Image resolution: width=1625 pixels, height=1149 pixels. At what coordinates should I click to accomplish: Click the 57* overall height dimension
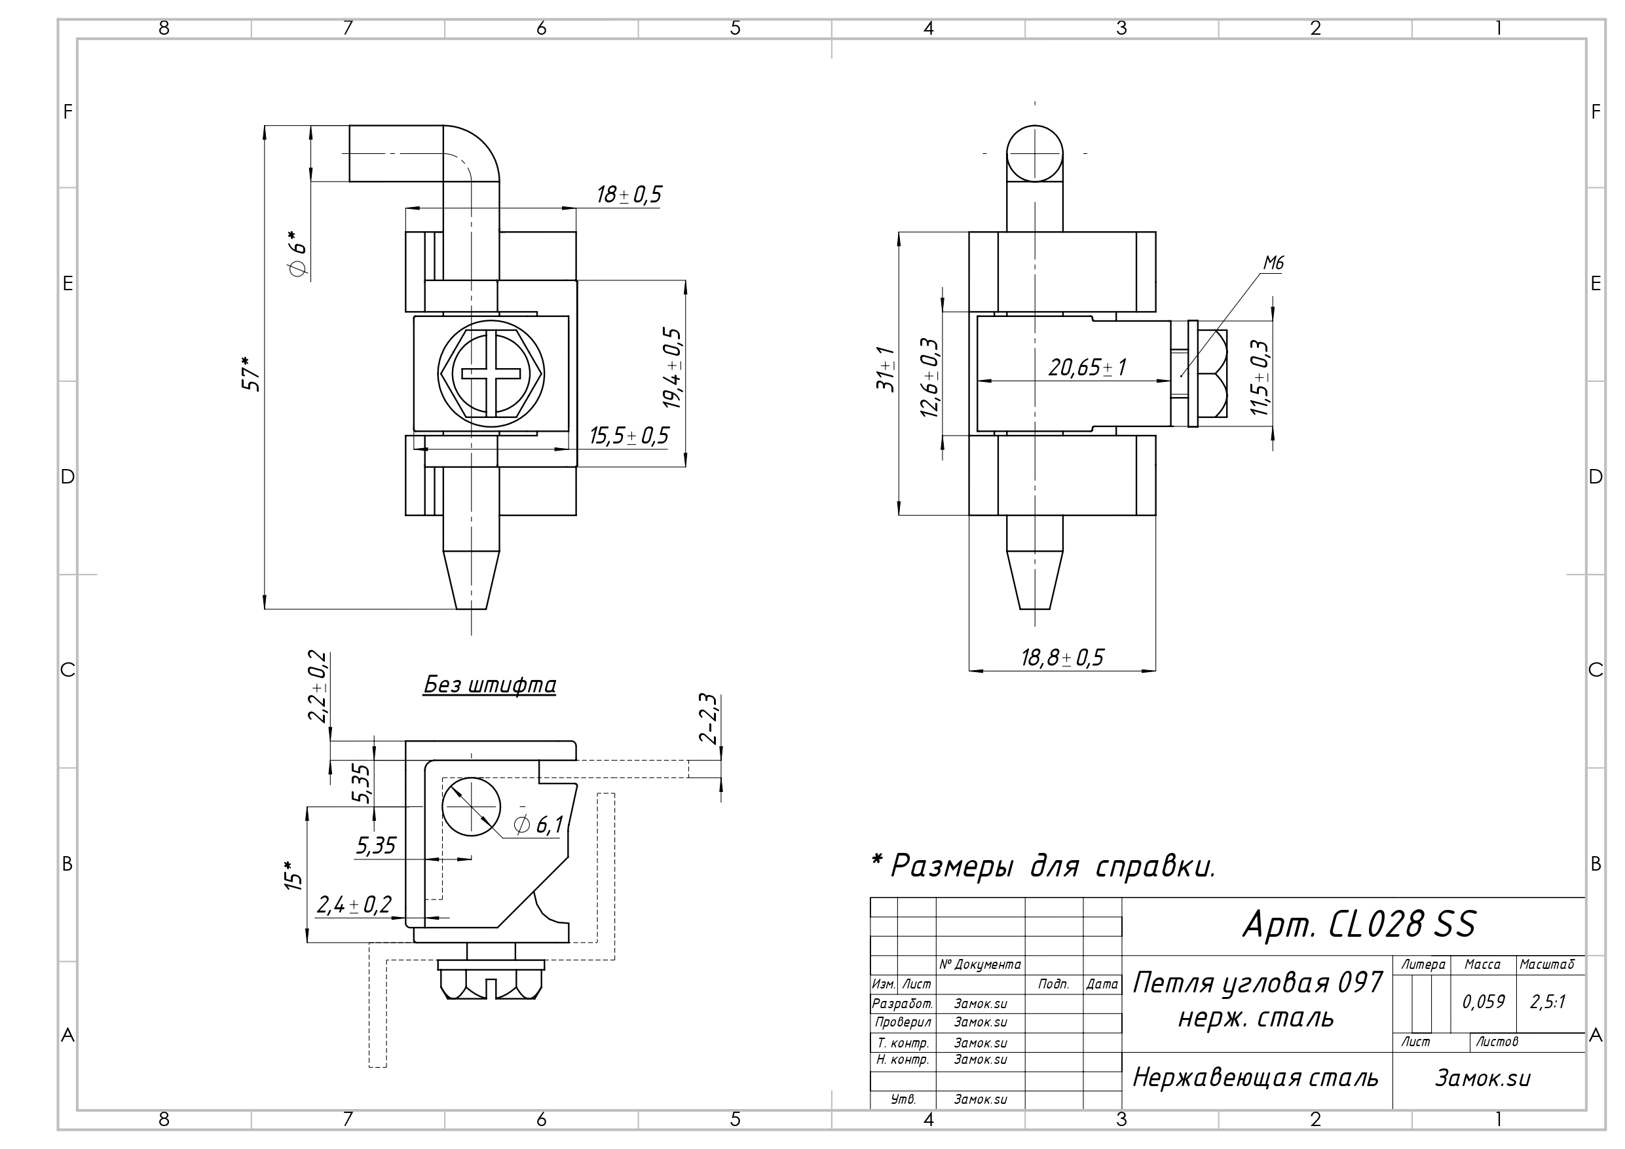(x=252, y=373)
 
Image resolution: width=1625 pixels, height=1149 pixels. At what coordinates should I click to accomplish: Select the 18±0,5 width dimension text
(x=629, y=195)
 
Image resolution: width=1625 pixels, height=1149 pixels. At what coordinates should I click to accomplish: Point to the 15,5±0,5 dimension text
(x=629, y=436)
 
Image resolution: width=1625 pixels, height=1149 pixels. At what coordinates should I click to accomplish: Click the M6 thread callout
(x=1273, y=263)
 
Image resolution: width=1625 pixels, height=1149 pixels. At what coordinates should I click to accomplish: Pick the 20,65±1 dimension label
(x=1087, y=367)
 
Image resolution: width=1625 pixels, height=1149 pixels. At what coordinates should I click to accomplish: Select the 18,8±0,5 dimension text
(x=1062, y=658)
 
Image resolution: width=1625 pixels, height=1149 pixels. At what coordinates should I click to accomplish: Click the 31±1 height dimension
(x=886, y=369)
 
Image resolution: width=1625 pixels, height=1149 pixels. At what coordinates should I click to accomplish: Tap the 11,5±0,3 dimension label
(x=1259, y=377)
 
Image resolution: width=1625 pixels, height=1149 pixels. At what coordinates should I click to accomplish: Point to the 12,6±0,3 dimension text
(x=929, y=377)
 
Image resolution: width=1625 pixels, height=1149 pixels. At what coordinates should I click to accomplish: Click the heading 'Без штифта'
(x=489, y=685)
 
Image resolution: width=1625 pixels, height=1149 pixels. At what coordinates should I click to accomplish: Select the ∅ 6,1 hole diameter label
(x=538, y=824)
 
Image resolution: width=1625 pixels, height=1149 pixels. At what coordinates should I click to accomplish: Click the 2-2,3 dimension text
(x=709, y=718)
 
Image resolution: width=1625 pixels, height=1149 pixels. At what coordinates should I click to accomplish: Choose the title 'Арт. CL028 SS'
(x=1359, y=924)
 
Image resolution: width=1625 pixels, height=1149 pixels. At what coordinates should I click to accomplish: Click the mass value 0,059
(x=1484, y=1001)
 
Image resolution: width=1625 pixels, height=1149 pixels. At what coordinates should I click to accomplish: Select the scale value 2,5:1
(x=1548, y=1001)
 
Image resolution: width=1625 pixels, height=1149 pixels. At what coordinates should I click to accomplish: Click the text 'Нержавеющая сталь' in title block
(x=1256, y=1078)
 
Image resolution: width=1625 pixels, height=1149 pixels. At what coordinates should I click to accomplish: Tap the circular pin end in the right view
(x=1034, y=154)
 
